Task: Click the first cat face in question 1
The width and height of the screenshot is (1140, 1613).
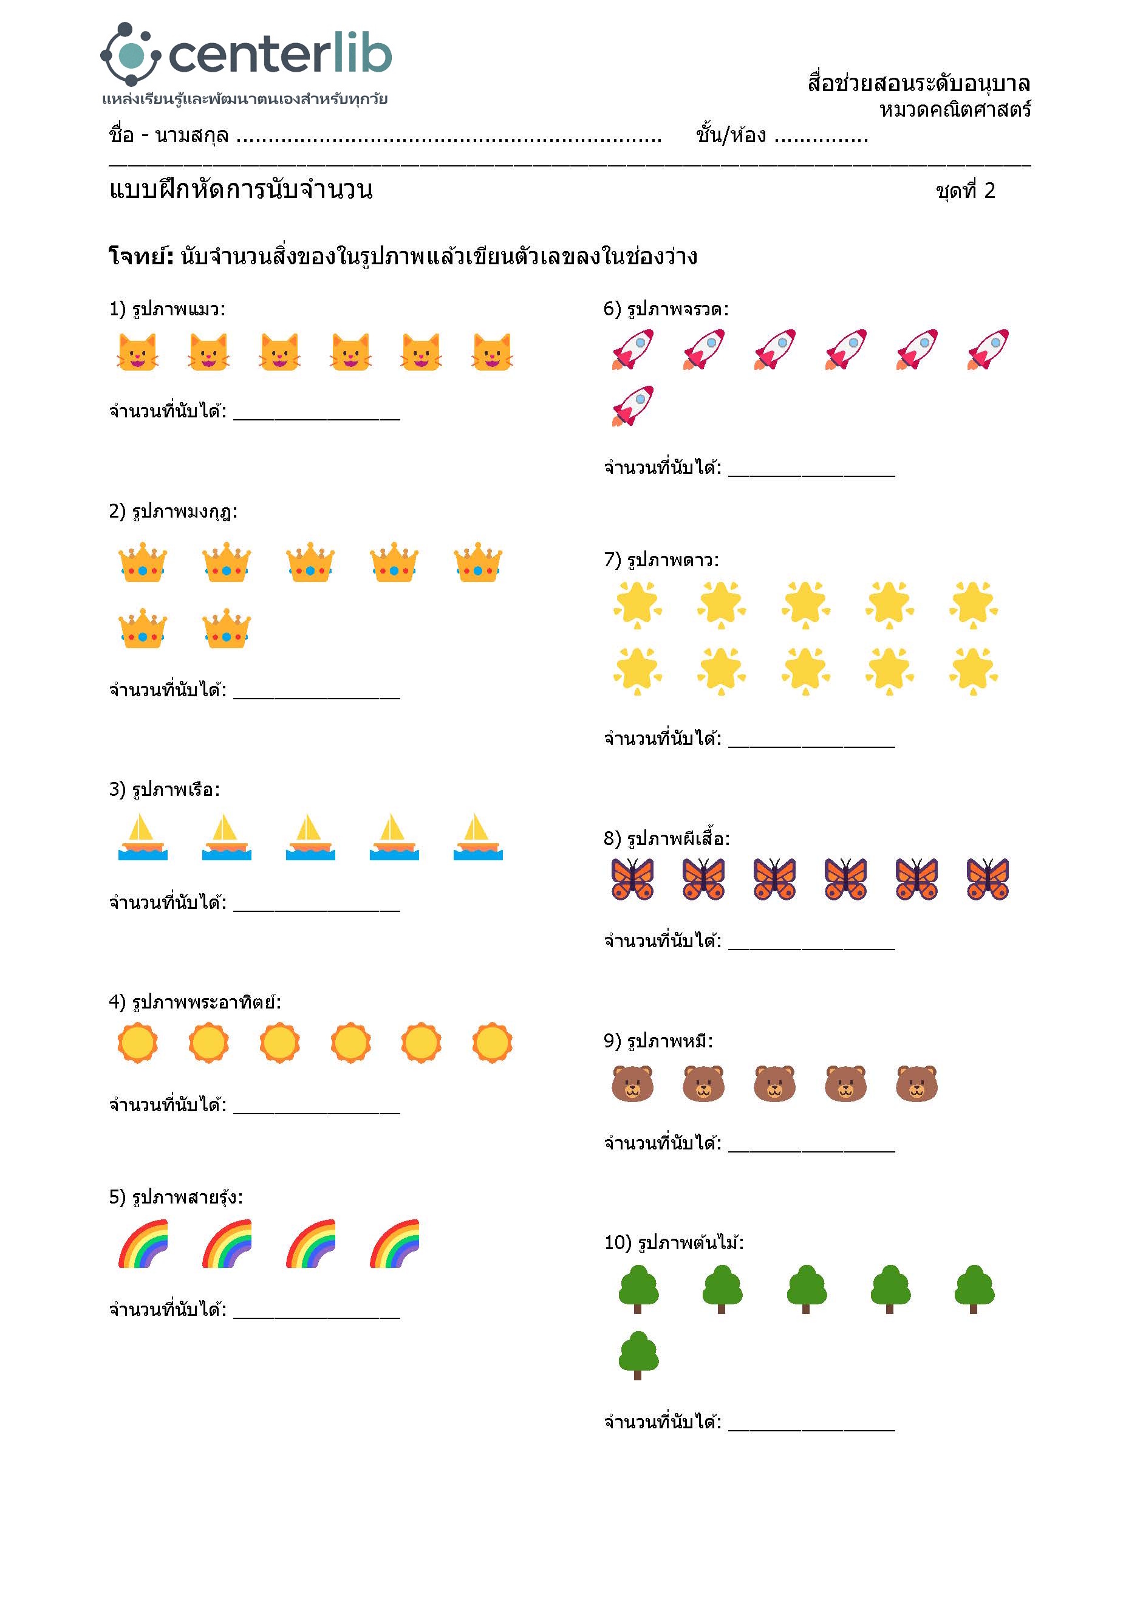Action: [x=137, y=351]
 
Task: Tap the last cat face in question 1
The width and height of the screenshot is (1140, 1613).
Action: [x=493, y=351]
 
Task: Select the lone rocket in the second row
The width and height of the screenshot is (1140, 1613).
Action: [x=633, y=406]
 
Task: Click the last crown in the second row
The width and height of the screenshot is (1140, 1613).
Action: [x=226, y=628]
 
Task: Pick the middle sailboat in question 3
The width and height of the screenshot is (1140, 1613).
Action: [x=310, y=837]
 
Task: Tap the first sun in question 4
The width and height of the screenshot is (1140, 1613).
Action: [x=138, y=1043]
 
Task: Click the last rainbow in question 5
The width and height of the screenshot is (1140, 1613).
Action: [x=395, y=1244]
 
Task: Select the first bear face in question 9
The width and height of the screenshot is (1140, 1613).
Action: [x=633, y=1083]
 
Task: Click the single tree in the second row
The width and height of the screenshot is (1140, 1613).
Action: [x=638, y=1355]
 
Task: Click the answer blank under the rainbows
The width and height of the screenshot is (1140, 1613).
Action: [x=317, y=1311]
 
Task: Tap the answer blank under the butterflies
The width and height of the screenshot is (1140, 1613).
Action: [x=811, y=942]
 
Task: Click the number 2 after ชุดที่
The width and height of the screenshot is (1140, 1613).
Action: [x=990, y=190]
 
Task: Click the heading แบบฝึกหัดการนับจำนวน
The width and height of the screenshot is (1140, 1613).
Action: [x=241, y=190]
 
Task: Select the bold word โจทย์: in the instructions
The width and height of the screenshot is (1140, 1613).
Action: [x=141, y=256]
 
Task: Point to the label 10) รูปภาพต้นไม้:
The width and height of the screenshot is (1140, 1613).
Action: [x=674, y=1243]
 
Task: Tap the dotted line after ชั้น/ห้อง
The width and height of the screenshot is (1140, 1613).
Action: [x=821, y=137]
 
